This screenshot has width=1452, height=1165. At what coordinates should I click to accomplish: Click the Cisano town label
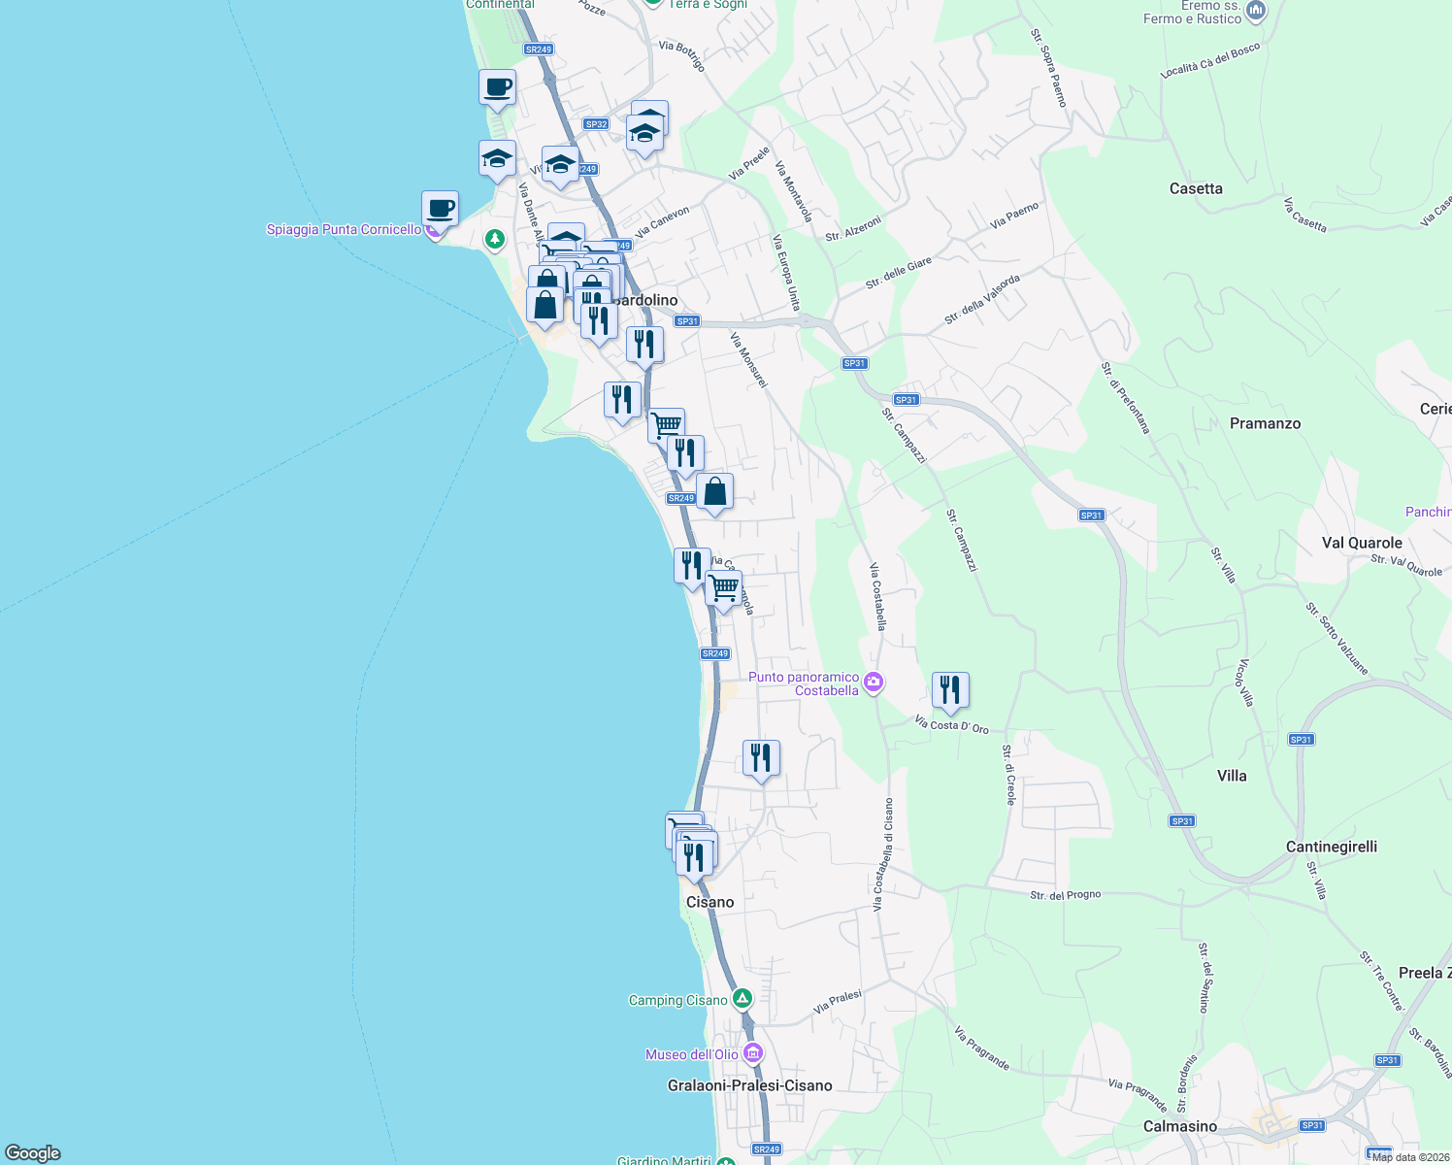coord(709,902)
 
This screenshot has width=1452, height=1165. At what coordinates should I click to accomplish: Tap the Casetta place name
coord(1196,188)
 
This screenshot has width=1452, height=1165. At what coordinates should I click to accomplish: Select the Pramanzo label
coord(1265,423)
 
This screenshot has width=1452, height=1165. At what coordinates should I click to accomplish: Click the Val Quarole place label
coord(1362,543)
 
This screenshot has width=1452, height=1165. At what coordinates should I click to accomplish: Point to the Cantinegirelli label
coord(1331,847)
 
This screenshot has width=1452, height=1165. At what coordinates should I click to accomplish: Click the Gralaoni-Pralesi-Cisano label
coord(749,1085)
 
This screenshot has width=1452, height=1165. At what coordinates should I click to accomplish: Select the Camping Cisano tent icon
coord(742,998)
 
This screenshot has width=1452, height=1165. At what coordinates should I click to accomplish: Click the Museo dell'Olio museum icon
coord(753,1053)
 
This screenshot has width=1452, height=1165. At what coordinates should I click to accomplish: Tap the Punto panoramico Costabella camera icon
coord(874,682)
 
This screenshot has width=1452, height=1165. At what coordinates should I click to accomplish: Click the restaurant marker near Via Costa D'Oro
coord(950,691)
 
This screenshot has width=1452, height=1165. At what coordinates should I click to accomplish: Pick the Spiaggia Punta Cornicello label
coord(344,230)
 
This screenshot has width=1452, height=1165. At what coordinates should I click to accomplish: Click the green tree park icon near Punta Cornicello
coord(495,238)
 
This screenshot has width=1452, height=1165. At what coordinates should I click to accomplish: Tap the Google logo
coord(33,1152)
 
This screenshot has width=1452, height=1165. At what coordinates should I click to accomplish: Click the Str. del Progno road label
coord(1065,895)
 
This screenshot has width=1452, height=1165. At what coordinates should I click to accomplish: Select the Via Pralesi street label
coord(838,1003)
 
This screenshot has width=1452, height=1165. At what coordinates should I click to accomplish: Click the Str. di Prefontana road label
coord(1125,397)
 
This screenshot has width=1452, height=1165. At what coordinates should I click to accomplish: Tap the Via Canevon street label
coord(663,221)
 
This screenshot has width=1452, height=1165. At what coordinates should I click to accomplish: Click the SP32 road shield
coord(596,124)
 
